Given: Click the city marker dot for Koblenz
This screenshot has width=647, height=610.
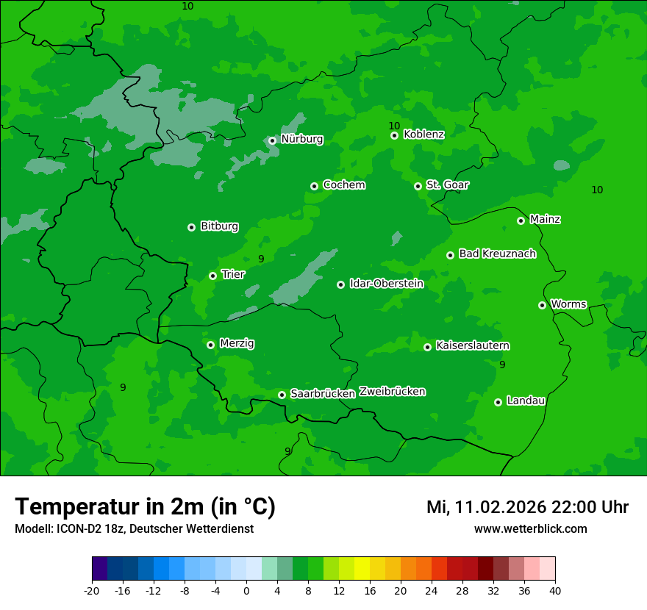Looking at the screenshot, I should point(395,135).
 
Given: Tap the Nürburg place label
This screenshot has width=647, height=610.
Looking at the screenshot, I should point(301,139).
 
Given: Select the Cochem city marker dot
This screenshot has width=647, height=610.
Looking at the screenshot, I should point(314,186).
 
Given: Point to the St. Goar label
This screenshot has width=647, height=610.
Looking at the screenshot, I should point(447,184).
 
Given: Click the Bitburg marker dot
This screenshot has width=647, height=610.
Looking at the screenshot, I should point(191,227).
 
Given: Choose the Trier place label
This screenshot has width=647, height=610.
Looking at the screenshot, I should point(233,274).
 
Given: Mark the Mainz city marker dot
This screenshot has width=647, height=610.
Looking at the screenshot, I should point(521,220).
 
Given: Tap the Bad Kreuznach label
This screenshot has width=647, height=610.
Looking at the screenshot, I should point(497,254).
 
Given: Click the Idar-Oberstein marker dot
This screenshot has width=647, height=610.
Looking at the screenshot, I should point(340,284).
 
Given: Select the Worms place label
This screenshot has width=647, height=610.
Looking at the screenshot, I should point(568,304).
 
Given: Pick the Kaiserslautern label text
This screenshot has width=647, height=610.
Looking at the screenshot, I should point(473,345).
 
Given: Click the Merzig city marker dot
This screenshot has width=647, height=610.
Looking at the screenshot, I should point(210,345).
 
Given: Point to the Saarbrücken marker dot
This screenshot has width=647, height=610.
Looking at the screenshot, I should point(282,395).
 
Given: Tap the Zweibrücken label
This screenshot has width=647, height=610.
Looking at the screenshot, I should point(392,392).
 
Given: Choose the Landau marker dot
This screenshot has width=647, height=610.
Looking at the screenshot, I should point(498,402).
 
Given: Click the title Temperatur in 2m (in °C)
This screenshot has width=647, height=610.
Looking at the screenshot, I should point(145,506).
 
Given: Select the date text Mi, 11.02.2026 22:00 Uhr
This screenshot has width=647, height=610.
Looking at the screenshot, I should point(527,507).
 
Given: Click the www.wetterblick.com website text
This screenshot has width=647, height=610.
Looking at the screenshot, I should point(530,528).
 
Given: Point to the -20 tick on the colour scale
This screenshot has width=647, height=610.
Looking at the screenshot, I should point(92,590).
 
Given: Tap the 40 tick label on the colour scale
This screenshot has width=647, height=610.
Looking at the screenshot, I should point(555,590).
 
